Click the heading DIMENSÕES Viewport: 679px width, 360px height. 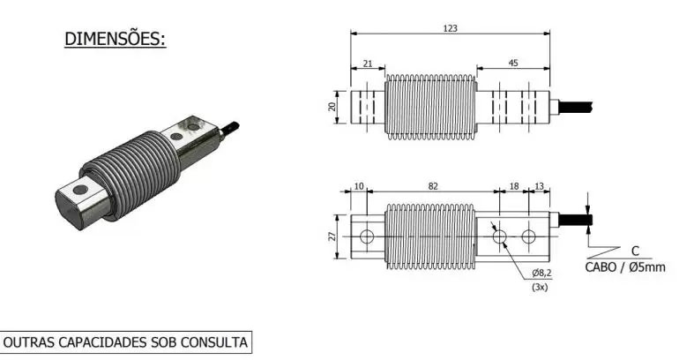point(116,40)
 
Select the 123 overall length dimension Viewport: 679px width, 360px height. point(450,28)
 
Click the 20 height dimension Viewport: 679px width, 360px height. point(332,105)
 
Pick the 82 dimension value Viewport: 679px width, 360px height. point(431,187)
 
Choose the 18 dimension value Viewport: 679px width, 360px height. point(514,187)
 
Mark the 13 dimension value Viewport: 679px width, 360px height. point(539,187)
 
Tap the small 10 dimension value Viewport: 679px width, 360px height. point(359,187)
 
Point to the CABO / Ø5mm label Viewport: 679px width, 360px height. point(625,266)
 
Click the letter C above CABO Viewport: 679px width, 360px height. point(634,251)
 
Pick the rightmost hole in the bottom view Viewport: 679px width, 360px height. point(528,236)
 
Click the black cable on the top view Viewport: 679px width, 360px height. point(577,105)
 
